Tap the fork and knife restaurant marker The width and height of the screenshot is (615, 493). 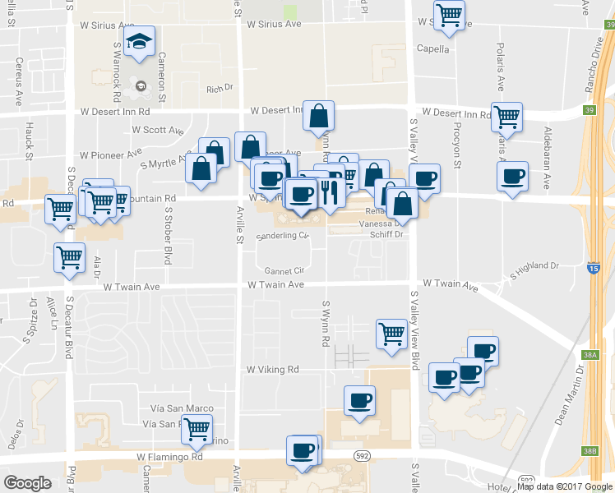click(330, 191)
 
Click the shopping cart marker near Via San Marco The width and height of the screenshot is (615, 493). click(197, 428)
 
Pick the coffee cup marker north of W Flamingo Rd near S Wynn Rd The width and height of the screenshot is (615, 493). click(359, 401)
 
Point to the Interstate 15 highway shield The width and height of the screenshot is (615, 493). click(594, 268)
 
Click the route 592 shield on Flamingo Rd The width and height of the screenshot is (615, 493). click(362, 455)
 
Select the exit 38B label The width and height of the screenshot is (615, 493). click(589, 451)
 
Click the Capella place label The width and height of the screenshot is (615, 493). click(433, 48)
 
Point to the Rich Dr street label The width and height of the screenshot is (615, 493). click(220, 89)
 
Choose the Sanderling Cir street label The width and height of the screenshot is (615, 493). click(282, 237)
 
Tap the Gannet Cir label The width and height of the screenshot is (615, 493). click(284, 270)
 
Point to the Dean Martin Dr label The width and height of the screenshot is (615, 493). click(568, 394)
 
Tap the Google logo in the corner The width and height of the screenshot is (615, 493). click(27, 483)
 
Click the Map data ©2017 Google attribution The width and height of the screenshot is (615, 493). click(565, 486)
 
